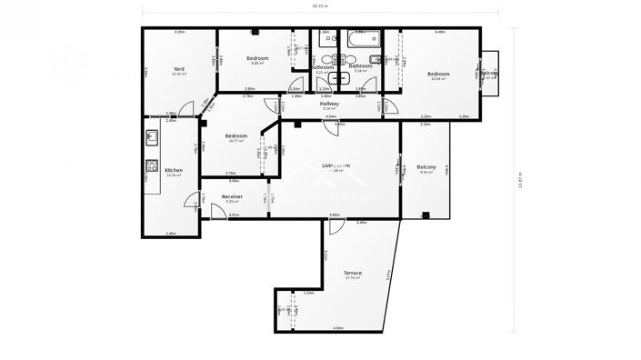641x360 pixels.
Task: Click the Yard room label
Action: pyautogui.click(x=179, y=69)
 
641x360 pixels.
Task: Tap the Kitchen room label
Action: pyautogui.click(x=174, y=170)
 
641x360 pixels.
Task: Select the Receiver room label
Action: pyautogui.click(x=232, y=196)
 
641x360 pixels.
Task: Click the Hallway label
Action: pyautogui.click(x=329, y=104)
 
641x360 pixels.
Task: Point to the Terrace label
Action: pyautogui.click(x=353, y=273)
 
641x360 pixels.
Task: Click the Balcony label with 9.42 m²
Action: pyautogui.click(x=426, y=167)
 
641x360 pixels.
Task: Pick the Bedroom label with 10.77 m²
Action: pyautogui.click(x=235, y=136)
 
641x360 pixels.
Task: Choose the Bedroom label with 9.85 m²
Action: pyautogui.click(x=257, y=59)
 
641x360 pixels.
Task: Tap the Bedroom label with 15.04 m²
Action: pyautogui.click(x=439, y=74)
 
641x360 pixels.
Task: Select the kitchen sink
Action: pyautogui.click(x=152, y=138)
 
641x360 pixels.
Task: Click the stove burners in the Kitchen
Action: pyautogui.click(x=152, y=168)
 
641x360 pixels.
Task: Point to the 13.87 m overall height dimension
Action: pyautogui.click(x=521, y=180)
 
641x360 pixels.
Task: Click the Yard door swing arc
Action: pyautogui.click(x=186, y=110)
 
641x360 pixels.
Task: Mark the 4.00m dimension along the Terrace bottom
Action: pyautogui.click(x=337, y=327)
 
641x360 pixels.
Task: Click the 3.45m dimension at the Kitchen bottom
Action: pyautogui.click(x=170, y=234)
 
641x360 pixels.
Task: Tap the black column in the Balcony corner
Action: pyautogui.click(x=426, y=215)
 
